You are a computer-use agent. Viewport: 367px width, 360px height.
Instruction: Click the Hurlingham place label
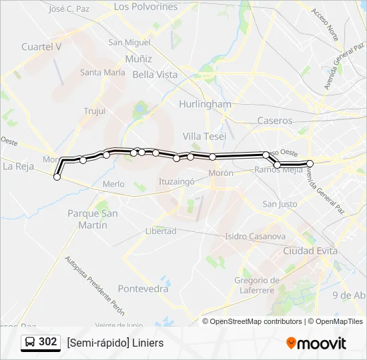205,104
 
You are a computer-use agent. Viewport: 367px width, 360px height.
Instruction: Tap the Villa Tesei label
204,136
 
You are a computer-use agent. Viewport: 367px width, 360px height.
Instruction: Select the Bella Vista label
155,75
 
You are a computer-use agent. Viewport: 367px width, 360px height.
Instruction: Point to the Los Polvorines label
145,7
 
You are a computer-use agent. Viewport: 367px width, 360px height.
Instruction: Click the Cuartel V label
41,47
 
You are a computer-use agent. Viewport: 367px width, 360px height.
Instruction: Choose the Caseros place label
274,121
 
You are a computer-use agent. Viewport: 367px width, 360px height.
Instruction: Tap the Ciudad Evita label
310,251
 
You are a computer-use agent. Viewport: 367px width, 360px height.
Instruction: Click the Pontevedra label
143,289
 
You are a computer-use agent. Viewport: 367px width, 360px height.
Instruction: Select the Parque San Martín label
93,219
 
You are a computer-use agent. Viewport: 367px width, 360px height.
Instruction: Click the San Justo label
280,204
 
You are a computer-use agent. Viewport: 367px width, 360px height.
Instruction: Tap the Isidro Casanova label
255,236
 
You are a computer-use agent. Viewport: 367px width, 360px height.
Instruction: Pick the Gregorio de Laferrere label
256,285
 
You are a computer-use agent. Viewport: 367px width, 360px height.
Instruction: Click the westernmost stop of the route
57,177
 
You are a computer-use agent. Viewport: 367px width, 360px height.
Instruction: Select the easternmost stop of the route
310,163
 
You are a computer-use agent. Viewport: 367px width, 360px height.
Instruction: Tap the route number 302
48,342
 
